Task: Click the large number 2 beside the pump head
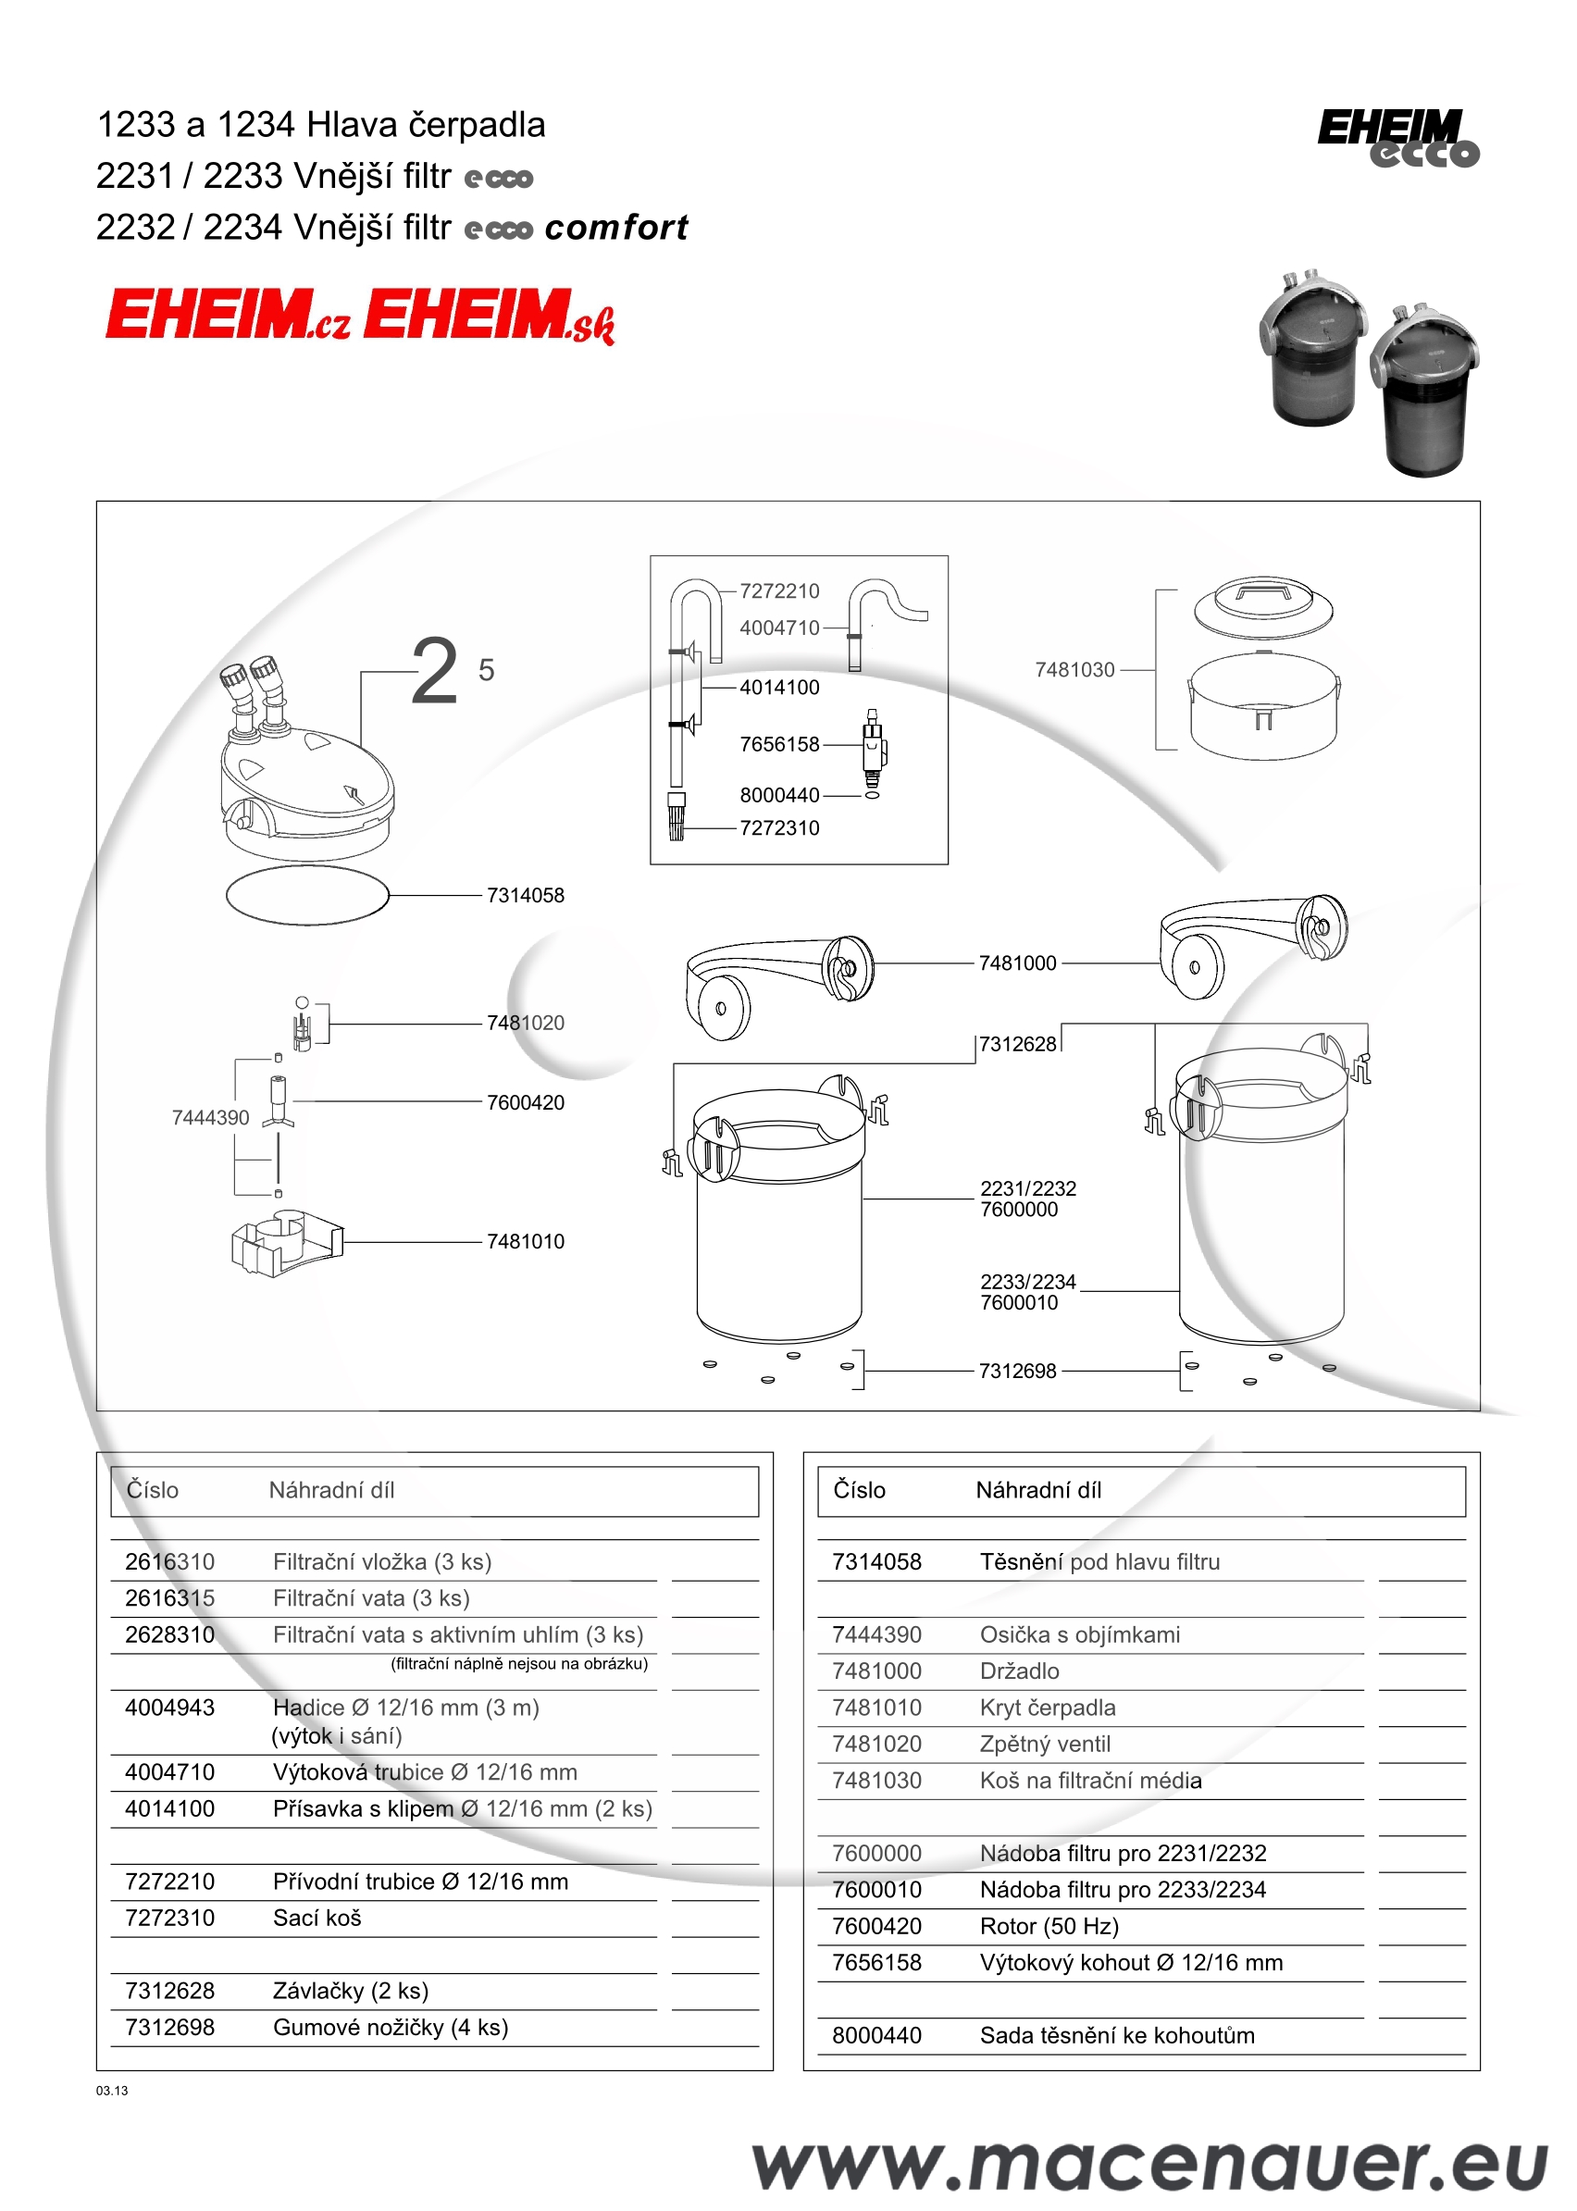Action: coord(434,671)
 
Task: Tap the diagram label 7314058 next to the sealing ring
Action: coord(525,895)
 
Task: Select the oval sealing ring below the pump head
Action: coord(307,894)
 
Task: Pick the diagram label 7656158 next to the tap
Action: coord(779,745)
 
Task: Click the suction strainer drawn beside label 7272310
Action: coord(677,816)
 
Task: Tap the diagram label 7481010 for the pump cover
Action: coord(525,1241)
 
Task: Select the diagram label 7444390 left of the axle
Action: coord(210,1118)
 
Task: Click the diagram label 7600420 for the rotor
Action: coord(525,1102)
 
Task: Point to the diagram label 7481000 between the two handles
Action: coord(1017,963)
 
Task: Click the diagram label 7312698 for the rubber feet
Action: coord(1017,1371)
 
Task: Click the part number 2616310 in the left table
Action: coord(170,1561)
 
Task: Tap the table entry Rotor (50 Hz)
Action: coord(1049,1926)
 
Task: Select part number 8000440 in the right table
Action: coord(875,2035)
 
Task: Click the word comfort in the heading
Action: coord(615,228)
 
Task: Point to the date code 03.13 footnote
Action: coord(112,2091)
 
